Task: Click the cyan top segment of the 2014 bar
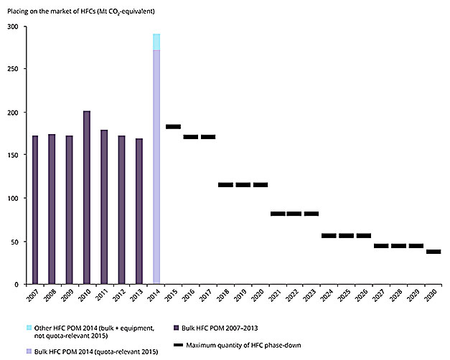click(x=156, y=42)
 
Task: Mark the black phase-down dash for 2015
click(x=173, y=127)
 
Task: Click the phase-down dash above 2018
click(x=225, y=185)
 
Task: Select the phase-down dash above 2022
click(x=294, y=214)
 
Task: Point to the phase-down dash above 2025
click(x=347, y=236)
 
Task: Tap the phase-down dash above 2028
click(x=398, y=246)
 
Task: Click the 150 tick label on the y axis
click(x=14, y=156)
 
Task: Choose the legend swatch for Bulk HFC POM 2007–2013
click(x=177, y=327)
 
